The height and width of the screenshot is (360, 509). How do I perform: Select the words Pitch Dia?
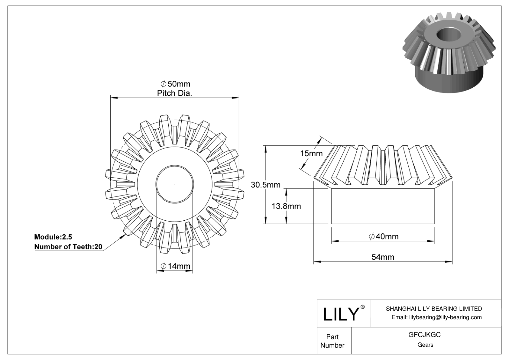tap(174, 93)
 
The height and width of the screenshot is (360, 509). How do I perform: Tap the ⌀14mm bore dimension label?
tap(176, 266)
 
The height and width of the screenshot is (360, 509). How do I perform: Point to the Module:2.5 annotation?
tap(53, 237)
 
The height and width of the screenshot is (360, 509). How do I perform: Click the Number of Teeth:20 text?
tap(68, 247)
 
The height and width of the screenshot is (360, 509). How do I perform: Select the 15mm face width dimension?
tap(311, 154)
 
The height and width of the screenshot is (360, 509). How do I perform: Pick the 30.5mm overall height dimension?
tap(266, 185)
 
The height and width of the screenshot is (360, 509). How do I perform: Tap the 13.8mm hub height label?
tap(286, 206)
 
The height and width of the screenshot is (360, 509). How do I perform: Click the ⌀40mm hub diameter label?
tap(384, 236)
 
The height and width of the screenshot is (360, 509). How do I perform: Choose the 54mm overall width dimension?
tap(383, 257)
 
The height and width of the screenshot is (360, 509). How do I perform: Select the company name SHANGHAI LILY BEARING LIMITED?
tap(434, 309)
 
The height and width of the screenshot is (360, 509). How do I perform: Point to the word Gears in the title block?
tap(425, 345)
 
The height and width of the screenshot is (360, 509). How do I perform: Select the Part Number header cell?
tap(332, 341)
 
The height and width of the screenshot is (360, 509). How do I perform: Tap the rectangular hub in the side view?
tap(383, 206)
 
